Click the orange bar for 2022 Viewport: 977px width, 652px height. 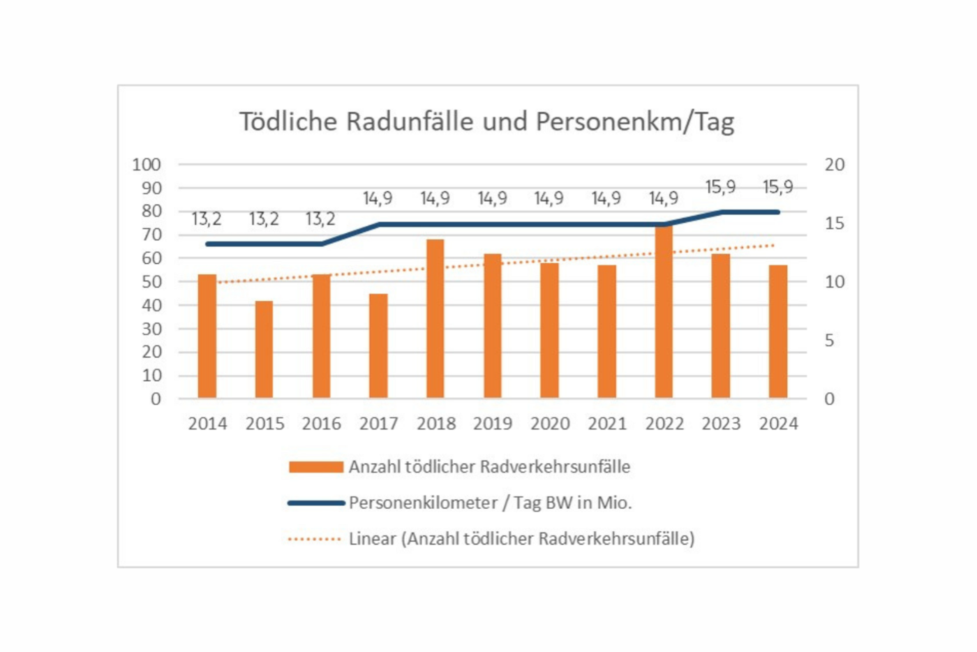(x=664, y=314)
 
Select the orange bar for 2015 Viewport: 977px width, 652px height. (x=264, y=349)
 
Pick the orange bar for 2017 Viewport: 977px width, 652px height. (x=378, y=346)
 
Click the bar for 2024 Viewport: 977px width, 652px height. (x=778, y=332)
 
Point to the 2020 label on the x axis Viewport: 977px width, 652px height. (x=550, y=424)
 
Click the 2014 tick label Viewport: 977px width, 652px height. (x=207, y=424)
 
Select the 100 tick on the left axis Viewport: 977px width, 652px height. (x=147, y=165)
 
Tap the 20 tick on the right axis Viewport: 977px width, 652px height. (x=834, y=165)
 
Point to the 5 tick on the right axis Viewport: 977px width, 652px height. (x=829, y=341)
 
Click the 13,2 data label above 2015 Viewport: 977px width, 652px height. (x=264, y=219)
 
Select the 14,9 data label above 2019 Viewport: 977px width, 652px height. (x=492, y=198)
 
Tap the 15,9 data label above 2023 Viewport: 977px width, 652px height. (x=720, y=187)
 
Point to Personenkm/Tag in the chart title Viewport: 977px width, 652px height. (x=635, y=121)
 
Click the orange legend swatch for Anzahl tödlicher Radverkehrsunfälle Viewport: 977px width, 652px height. (x=316, y=467)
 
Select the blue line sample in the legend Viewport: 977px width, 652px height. (x=316, y=503)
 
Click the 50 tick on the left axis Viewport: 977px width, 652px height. (x=151, y=282)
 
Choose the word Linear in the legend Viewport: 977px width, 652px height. (x=373, y=539)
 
